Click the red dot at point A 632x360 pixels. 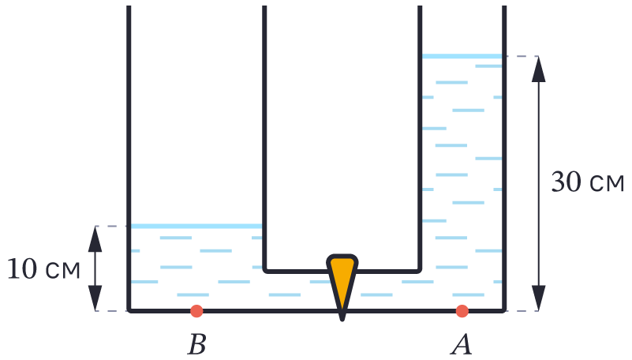pos(462,311)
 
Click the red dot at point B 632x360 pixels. pos(196,311)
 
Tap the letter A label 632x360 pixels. pos(462,344)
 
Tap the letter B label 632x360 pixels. pos(196,344)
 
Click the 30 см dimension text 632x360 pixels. pos(587,182)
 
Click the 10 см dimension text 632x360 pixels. pos(43,269)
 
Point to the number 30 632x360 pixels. pos(566,182)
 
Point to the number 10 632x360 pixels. pos(22,269)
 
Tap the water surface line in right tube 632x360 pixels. pos(462,56)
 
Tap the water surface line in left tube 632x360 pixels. pos(196,227)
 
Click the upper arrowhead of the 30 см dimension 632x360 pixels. pos(538,69)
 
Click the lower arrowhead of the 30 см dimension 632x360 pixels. pos(538,298)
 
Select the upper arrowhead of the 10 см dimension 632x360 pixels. pos(95,239)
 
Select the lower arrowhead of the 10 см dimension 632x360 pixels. pos(95,298)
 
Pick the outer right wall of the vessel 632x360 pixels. pos(504,158)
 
